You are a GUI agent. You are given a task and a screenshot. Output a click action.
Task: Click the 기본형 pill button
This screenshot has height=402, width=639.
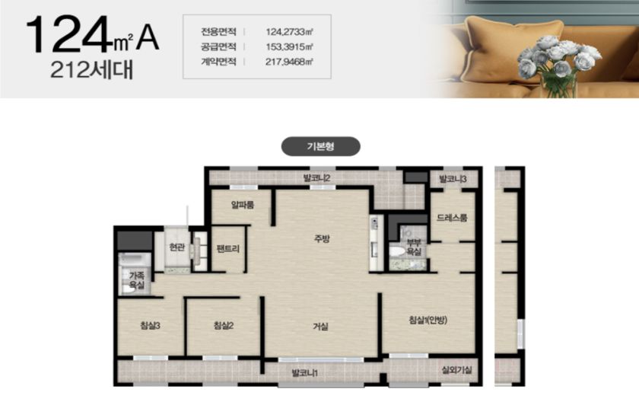click(321, 146)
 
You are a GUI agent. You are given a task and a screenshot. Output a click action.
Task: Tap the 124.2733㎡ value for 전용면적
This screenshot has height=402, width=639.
click(289, 32)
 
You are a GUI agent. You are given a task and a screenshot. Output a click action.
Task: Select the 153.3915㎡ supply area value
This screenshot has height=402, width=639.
click(289, 47)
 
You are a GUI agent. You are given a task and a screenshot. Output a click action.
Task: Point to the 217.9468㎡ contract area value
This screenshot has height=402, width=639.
click(289, 62)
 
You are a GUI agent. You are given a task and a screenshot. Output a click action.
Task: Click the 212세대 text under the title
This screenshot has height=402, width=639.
click(92, 70)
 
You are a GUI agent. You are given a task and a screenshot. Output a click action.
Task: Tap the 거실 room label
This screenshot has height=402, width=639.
click(321, 326)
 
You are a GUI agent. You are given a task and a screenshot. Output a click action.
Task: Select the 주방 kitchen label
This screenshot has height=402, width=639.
click(322, 238)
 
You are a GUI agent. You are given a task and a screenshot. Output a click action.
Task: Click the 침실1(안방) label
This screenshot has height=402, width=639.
click(428, 320)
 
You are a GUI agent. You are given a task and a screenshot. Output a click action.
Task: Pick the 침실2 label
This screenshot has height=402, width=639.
click(224, 325)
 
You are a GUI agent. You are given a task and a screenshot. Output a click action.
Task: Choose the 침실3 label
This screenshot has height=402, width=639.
click(150, 325)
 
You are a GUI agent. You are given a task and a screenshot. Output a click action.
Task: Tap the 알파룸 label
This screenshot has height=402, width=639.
click(243, 205)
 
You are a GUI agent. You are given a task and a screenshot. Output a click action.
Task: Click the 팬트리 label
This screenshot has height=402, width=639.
click(227, 248)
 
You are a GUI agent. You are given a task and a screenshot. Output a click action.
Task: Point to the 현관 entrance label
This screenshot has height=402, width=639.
click(176, 247)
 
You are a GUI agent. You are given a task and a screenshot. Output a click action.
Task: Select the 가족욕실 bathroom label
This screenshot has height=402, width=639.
click(136, 280)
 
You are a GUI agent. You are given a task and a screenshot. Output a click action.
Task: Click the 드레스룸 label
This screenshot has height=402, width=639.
click(452, 218)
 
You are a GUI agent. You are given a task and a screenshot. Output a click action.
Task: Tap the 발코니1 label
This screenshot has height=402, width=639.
click(305, 372)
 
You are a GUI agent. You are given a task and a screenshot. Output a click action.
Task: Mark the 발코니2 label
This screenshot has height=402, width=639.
click(316, 177)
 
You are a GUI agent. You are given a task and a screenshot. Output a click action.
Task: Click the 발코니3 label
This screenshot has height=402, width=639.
click(453, 179)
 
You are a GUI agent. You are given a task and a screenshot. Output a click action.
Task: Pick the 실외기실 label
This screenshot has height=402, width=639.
click(457, 370)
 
